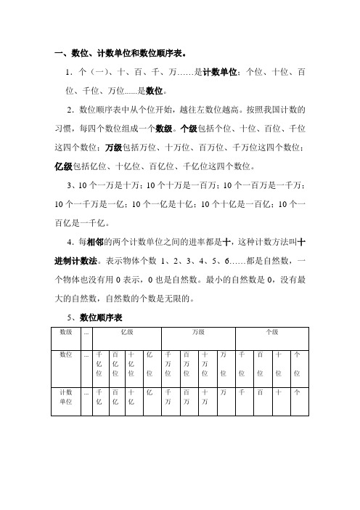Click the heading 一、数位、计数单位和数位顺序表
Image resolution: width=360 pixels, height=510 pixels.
click(x=122, y=52)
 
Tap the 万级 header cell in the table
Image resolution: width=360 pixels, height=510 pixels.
click(x=197, y=333)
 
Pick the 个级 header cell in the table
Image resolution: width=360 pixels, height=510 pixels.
click(x=270, y=333)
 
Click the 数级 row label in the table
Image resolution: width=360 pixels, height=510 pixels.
click(x=65, y=333)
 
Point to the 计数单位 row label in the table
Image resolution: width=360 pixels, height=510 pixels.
click(x=65, y=397)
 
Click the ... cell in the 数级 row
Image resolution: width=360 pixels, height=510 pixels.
click(x=87, y=333)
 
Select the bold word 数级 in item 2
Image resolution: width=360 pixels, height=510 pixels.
click(x=164, y=129)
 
